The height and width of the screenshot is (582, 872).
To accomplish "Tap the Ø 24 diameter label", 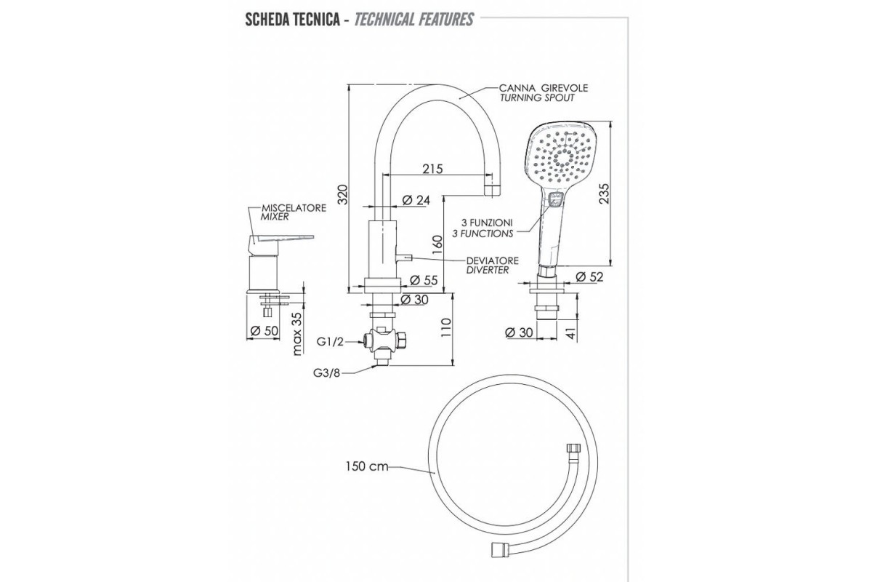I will coord(416,200).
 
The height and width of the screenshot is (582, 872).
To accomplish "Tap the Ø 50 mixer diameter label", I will coord(265,332).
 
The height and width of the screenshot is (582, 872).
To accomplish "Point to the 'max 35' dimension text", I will coord(297,334).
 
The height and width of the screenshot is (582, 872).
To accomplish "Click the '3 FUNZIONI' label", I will coord(488,223).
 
